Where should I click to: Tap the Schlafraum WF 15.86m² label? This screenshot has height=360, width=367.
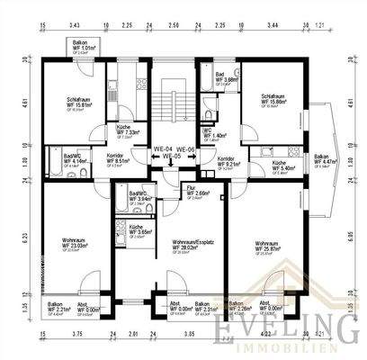276,100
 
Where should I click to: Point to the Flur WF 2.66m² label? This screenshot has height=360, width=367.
198,190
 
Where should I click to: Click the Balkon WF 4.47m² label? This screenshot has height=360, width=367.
322,160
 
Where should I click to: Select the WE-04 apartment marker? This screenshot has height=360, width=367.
164,148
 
